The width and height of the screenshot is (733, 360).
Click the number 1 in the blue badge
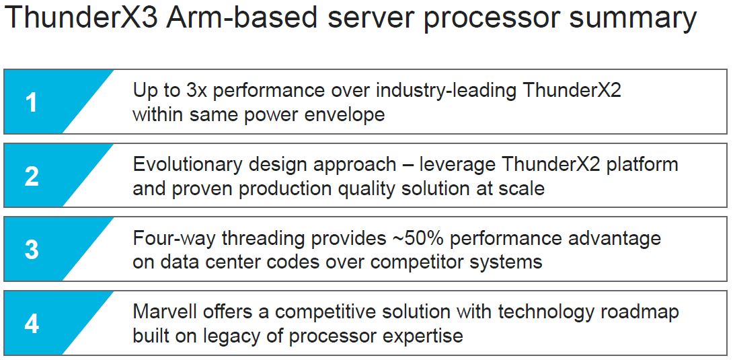click(x=32, y=102)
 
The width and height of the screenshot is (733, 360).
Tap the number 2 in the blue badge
click(x=32, y=176)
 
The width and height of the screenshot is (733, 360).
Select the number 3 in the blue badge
click(x=32, y=250)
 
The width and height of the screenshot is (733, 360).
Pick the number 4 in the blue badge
click(x=32, y=324)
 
